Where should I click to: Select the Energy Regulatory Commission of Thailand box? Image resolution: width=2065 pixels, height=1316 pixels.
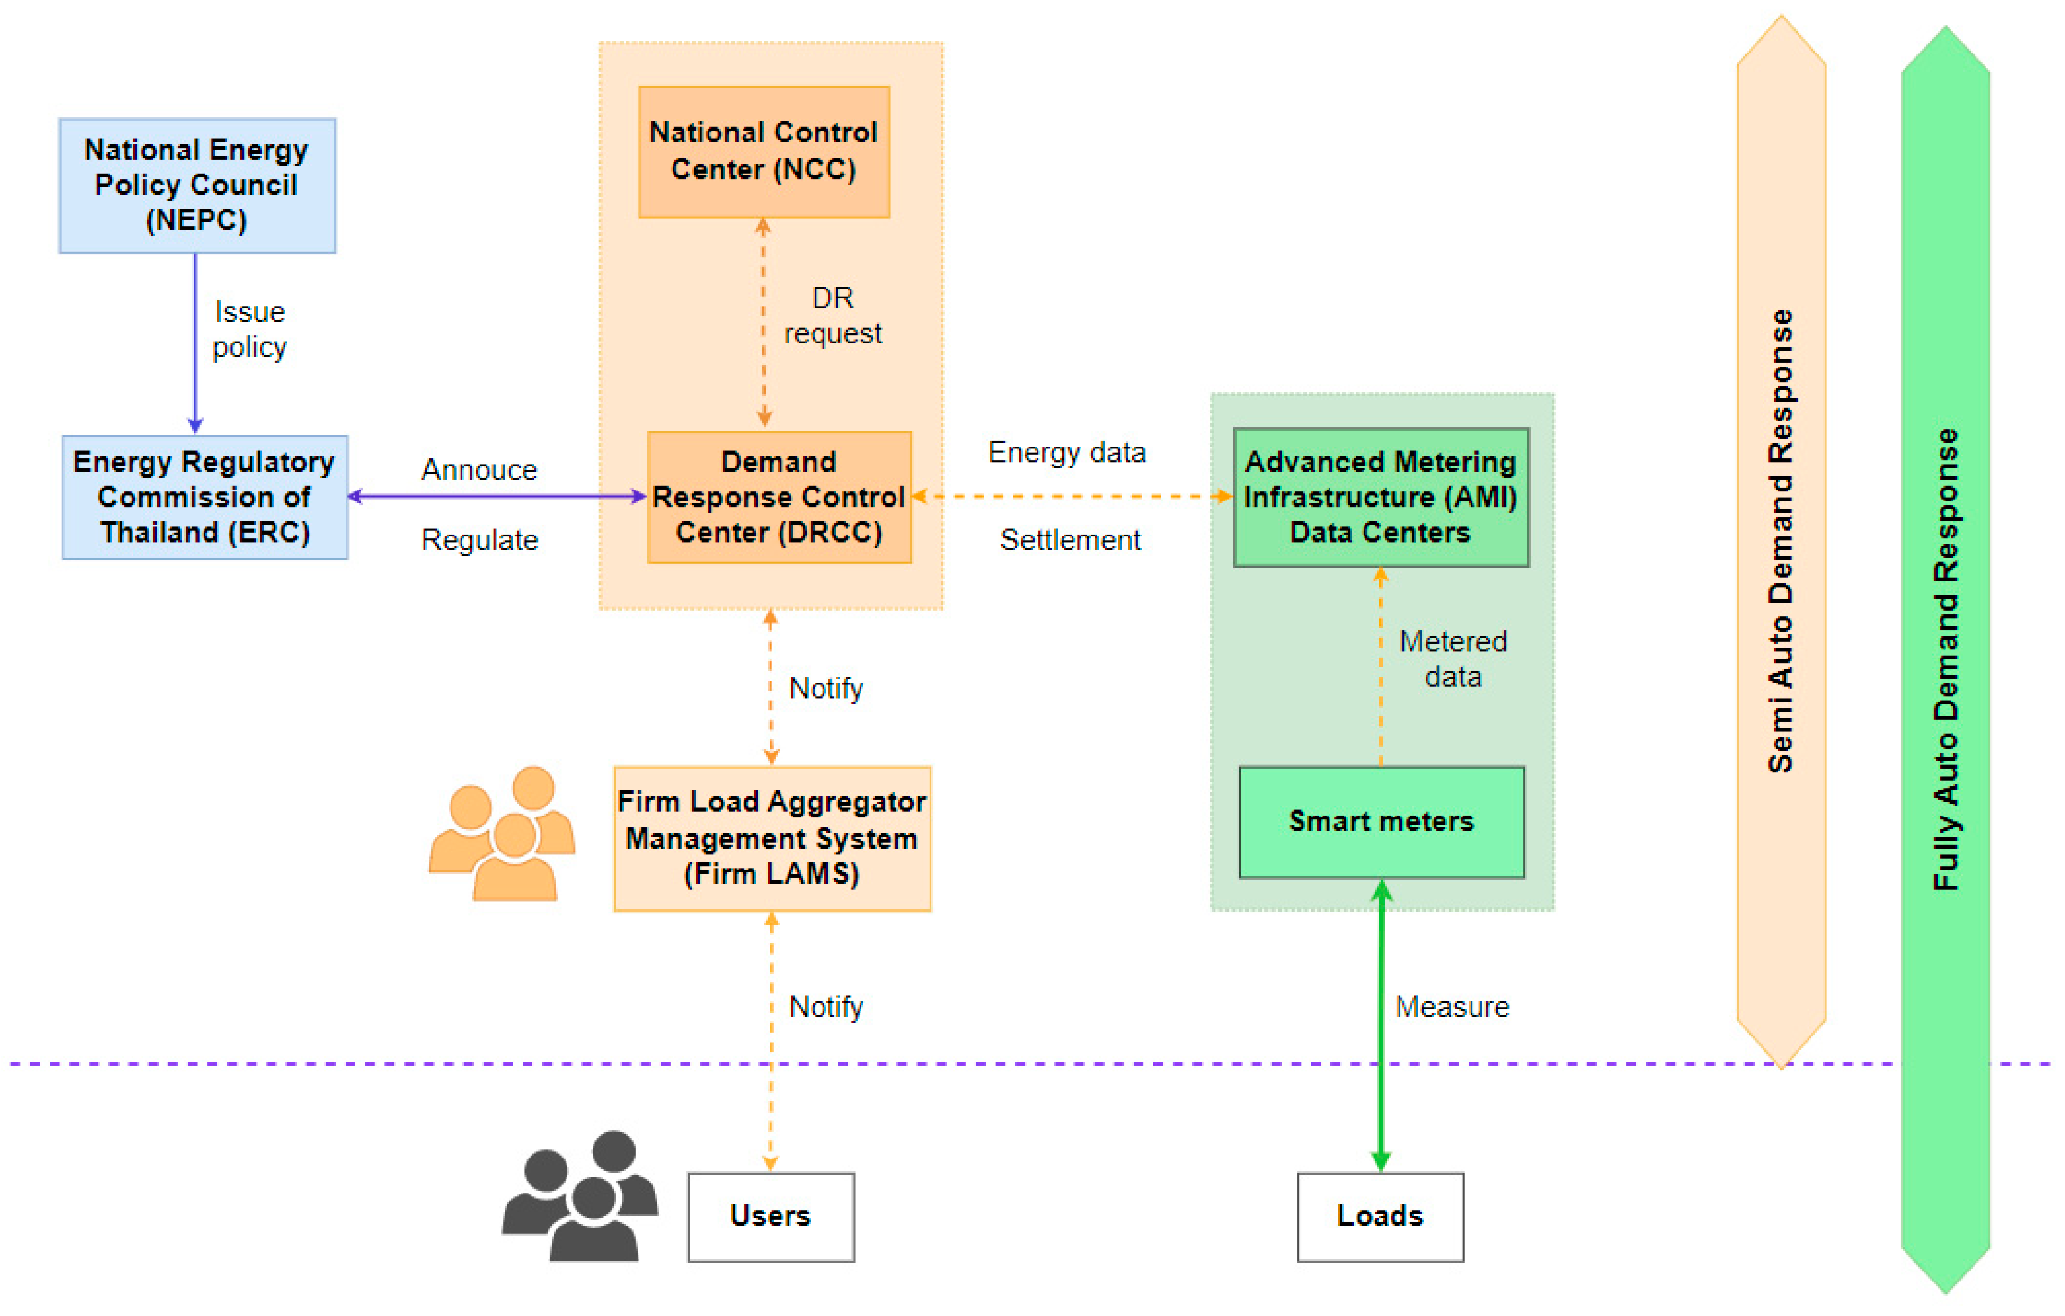point(204,497)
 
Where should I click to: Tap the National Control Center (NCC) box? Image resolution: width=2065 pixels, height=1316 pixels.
point(763,152)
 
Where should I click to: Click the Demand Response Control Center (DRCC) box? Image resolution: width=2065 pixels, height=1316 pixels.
point(779,497)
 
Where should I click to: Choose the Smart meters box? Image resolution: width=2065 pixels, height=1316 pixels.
point(1381,821)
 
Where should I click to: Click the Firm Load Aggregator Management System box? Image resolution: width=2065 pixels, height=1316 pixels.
point(772,838)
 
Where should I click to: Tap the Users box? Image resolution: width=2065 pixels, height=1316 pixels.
point(770,1216)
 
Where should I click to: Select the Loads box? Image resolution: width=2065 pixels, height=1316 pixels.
point(1380,1216)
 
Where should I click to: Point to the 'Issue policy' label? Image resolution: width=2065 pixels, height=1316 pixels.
point(249,329)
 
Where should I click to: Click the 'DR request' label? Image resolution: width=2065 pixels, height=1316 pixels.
point(832,316)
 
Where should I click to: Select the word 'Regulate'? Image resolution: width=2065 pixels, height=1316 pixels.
point(479,540)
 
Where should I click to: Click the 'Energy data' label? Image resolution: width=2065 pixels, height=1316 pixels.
point(1067,452)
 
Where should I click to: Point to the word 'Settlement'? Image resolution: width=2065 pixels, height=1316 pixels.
point(1070,540)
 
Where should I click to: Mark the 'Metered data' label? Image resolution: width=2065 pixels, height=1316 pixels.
point(1453,658)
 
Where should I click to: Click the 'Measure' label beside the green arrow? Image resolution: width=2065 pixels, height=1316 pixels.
point(1452,1007)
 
